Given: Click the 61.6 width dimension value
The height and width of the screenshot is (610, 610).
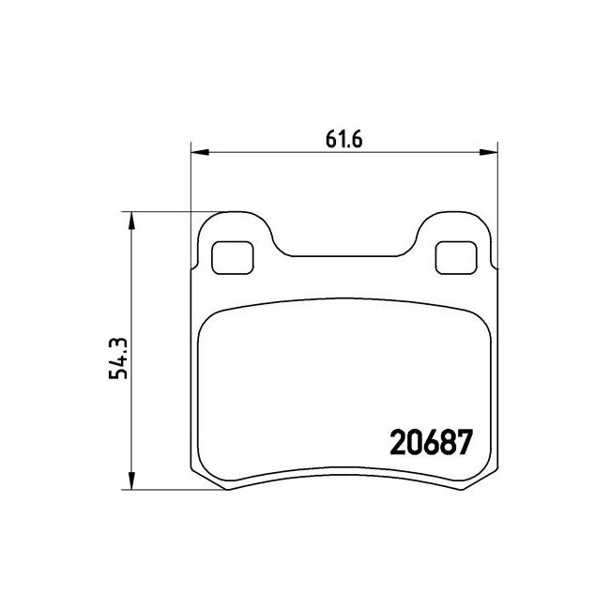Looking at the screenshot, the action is tap(343, 139).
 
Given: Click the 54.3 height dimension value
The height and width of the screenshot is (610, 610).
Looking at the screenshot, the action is tap(118, 358).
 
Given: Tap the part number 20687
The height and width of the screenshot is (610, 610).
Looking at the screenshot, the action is tap(431, 442).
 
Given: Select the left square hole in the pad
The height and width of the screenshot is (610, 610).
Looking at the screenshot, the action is tap(232, 257).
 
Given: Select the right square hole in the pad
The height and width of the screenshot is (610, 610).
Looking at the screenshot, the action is tap(456, 257).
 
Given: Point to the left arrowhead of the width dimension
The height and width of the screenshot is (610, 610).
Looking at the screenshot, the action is tap(200, 152).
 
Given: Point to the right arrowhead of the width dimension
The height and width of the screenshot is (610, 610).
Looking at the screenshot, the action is tap(488, 152).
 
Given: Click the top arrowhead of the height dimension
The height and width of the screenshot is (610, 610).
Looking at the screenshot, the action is tap(132, 221).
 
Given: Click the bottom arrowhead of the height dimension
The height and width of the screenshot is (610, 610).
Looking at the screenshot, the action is tap(132, 480).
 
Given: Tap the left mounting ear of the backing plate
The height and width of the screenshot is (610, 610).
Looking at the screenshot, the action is tap(235, 218).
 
